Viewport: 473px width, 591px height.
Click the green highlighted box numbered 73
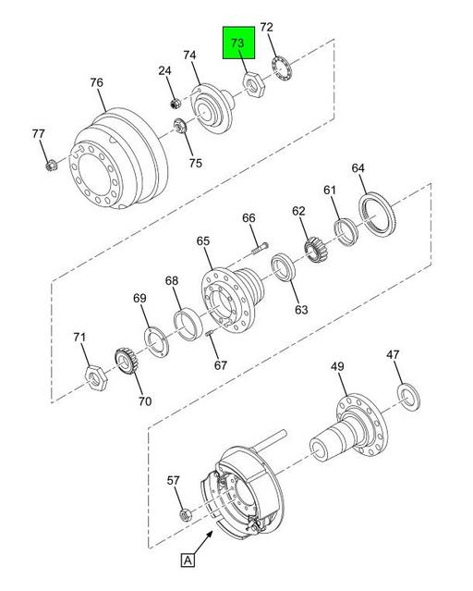(x=238, y=43)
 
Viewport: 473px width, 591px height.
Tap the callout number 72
(x=266, y=27)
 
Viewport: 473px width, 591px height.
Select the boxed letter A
(x=188, y=560)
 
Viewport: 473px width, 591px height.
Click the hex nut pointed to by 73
(x=253, y=86)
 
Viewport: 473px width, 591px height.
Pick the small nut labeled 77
(x=51, y=165)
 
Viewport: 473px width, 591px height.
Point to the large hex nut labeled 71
(x=96, y=377)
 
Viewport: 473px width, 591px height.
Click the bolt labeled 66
(x=260, y=249)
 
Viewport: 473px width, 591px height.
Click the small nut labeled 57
(x=186, y=514)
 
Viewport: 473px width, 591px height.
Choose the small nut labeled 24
(x=176, y=103)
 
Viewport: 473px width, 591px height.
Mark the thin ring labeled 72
(x=282, y=68)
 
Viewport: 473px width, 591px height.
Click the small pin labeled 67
(x=210, y=332)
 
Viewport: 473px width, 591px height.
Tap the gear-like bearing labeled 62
(x=317, y=250)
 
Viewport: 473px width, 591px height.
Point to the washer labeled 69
(x=157, y=342)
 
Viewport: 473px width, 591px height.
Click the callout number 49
(x=338, y=366)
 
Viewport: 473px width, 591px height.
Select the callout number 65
(x=203, y=240)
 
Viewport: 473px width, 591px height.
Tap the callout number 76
(x=96, y=82)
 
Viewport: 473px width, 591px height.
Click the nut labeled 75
(x=180, y=126)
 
